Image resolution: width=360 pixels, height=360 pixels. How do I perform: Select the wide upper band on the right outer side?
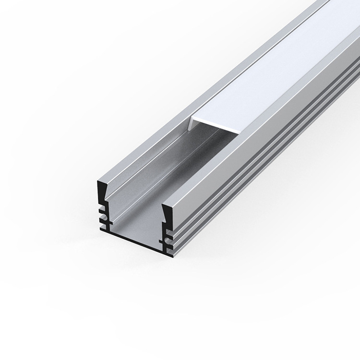tap(269, 158)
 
